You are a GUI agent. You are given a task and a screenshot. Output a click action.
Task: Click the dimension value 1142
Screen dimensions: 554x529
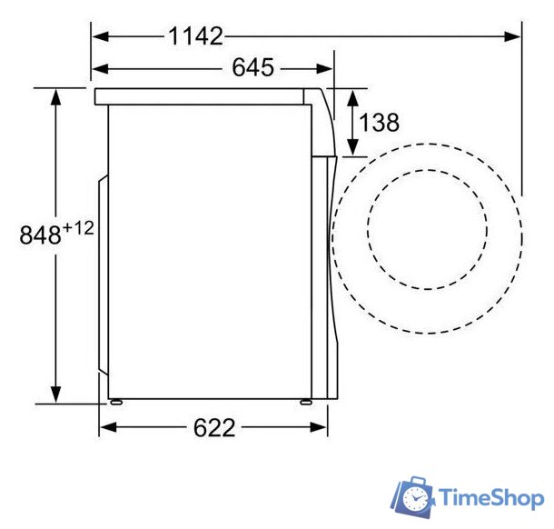[196, 36]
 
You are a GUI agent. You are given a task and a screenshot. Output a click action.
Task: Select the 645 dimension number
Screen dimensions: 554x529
[253, 67]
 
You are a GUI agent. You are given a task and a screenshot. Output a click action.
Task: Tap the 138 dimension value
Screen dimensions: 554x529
[379, 123]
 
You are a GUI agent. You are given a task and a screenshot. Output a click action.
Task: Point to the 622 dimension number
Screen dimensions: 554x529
[214, 427]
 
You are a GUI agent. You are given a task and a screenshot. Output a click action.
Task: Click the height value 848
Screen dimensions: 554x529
[40, 235]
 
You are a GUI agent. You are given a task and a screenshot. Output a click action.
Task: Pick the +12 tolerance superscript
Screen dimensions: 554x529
[78, 228]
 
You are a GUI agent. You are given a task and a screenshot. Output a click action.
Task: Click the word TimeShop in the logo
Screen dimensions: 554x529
[491, 498]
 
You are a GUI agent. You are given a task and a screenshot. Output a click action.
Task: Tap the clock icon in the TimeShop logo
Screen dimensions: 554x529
[415, 498]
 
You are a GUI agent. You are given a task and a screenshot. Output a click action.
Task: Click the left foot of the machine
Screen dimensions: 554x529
[116, 402]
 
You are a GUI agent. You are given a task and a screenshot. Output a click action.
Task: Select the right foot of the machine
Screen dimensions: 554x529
[306, 402]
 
